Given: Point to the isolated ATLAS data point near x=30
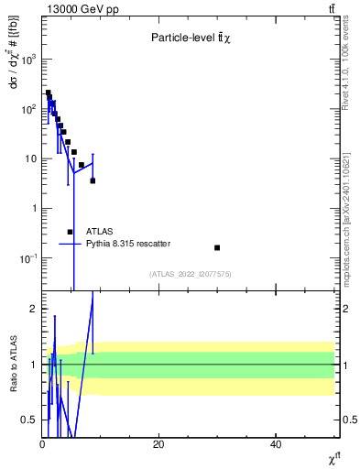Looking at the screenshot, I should (217, 247).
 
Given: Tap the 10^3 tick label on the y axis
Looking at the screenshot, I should (27, 59).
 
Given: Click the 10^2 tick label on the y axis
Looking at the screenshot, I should (27, 109).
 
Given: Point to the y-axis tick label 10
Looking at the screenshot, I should (29, 158).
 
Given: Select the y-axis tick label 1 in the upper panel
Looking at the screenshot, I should (33, 209).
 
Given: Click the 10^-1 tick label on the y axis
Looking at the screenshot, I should (27, 258).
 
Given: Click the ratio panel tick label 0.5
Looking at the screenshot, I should (29, 420).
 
